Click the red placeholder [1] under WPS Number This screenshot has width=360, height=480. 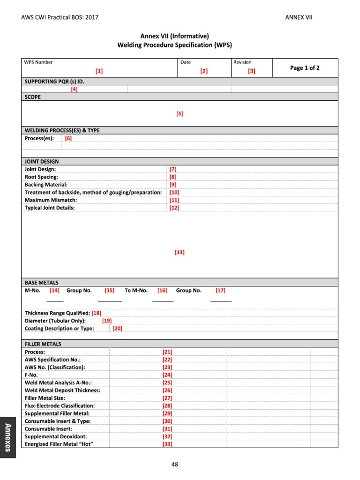pos(99,71)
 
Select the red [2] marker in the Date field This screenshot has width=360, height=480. pos(203,71)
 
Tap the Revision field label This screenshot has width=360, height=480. pos(242,62)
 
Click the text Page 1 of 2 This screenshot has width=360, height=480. pos(305,68)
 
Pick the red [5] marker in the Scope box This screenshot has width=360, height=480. pos(180,113)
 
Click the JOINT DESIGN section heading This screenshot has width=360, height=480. pos(42,161)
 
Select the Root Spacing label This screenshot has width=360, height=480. pos(41,177)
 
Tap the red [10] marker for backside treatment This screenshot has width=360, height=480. pos(174,192)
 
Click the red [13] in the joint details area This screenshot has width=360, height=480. pos(180,252)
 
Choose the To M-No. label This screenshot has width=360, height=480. pos(136,290)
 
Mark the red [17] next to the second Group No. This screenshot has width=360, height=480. pos(220,290)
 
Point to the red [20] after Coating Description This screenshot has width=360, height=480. pos(117,328)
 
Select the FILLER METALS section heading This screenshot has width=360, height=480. pos(43,344)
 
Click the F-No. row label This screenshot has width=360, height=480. pos(31,375)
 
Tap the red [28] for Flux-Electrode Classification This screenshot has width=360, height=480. pos(167,405)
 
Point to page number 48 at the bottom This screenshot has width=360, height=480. pos(175,465)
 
